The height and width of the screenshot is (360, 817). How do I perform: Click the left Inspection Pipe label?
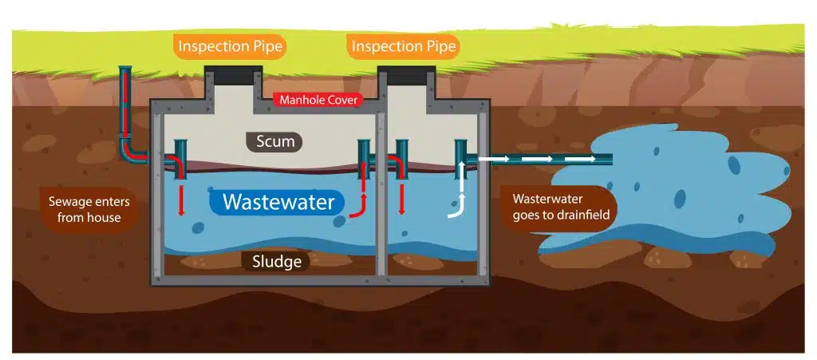[230, 46]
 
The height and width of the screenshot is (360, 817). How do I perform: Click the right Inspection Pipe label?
[404, 46]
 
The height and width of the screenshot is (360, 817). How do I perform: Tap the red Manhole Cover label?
[318, 101]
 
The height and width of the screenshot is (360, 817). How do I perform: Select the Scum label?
[274, 142]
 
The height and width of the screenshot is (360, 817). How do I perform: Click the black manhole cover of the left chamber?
[231, 77]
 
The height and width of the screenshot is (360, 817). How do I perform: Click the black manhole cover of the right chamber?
[406, 77]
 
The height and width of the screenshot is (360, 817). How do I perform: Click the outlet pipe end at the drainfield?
[606, 159]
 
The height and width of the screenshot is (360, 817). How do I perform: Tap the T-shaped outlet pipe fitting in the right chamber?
[460, 152]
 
